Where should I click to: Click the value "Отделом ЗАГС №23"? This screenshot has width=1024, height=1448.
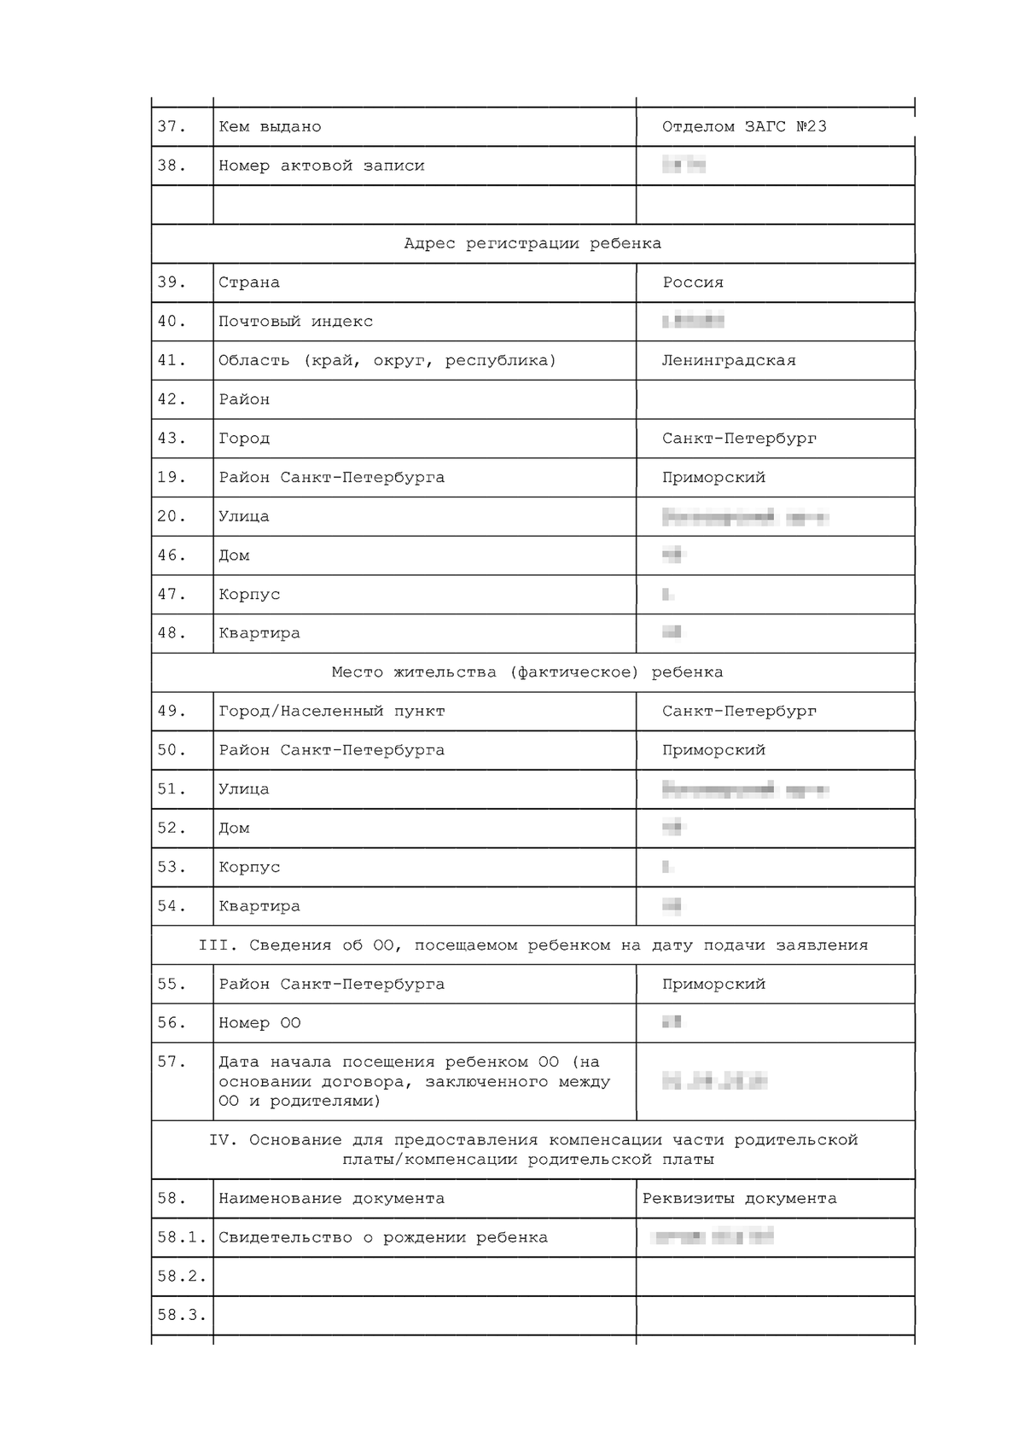[x=744, y=127]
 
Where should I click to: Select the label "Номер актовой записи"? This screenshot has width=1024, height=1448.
[x=321, y=166]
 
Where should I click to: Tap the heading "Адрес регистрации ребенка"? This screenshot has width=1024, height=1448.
[x=532, y=244]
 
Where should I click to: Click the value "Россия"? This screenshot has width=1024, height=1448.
[x=693, y=282]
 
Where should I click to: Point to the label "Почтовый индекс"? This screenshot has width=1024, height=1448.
[x=295, y=322]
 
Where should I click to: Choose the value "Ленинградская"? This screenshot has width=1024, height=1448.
[x=729, y=361]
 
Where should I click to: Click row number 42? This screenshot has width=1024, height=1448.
[x=171, y=399]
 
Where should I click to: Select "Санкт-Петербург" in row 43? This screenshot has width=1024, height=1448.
[x=739, y=439]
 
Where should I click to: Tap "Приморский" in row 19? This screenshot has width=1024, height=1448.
[x=713, y=478]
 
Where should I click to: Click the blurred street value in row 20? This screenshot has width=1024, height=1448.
[x=745, y=517]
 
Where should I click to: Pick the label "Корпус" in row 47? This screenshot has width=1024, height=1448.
[x=249, y=595]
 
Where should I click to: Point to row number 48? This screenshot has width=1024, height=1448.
[x=171, y=633]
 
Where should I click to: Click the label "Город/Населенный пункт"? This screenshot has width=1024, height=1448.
[x=331, y=712]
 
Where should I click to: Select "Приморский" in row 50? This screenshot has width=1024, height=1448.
[x=713, y=751]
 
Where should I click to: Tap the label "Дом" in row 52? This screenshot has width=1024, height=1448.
[x=234, y=829]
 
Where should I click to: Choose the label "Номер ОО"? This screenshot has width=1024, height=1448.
[x=259, y=1023]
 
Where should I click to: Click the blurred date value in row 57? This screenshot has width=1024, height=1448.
[x=714, y=1082]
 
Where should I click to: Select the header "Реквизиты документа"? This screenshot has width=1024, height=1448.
[x=739, y=1199]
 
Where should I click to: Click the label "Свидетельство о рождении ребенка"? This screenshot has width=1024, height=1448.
[x=383, y=1238]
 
